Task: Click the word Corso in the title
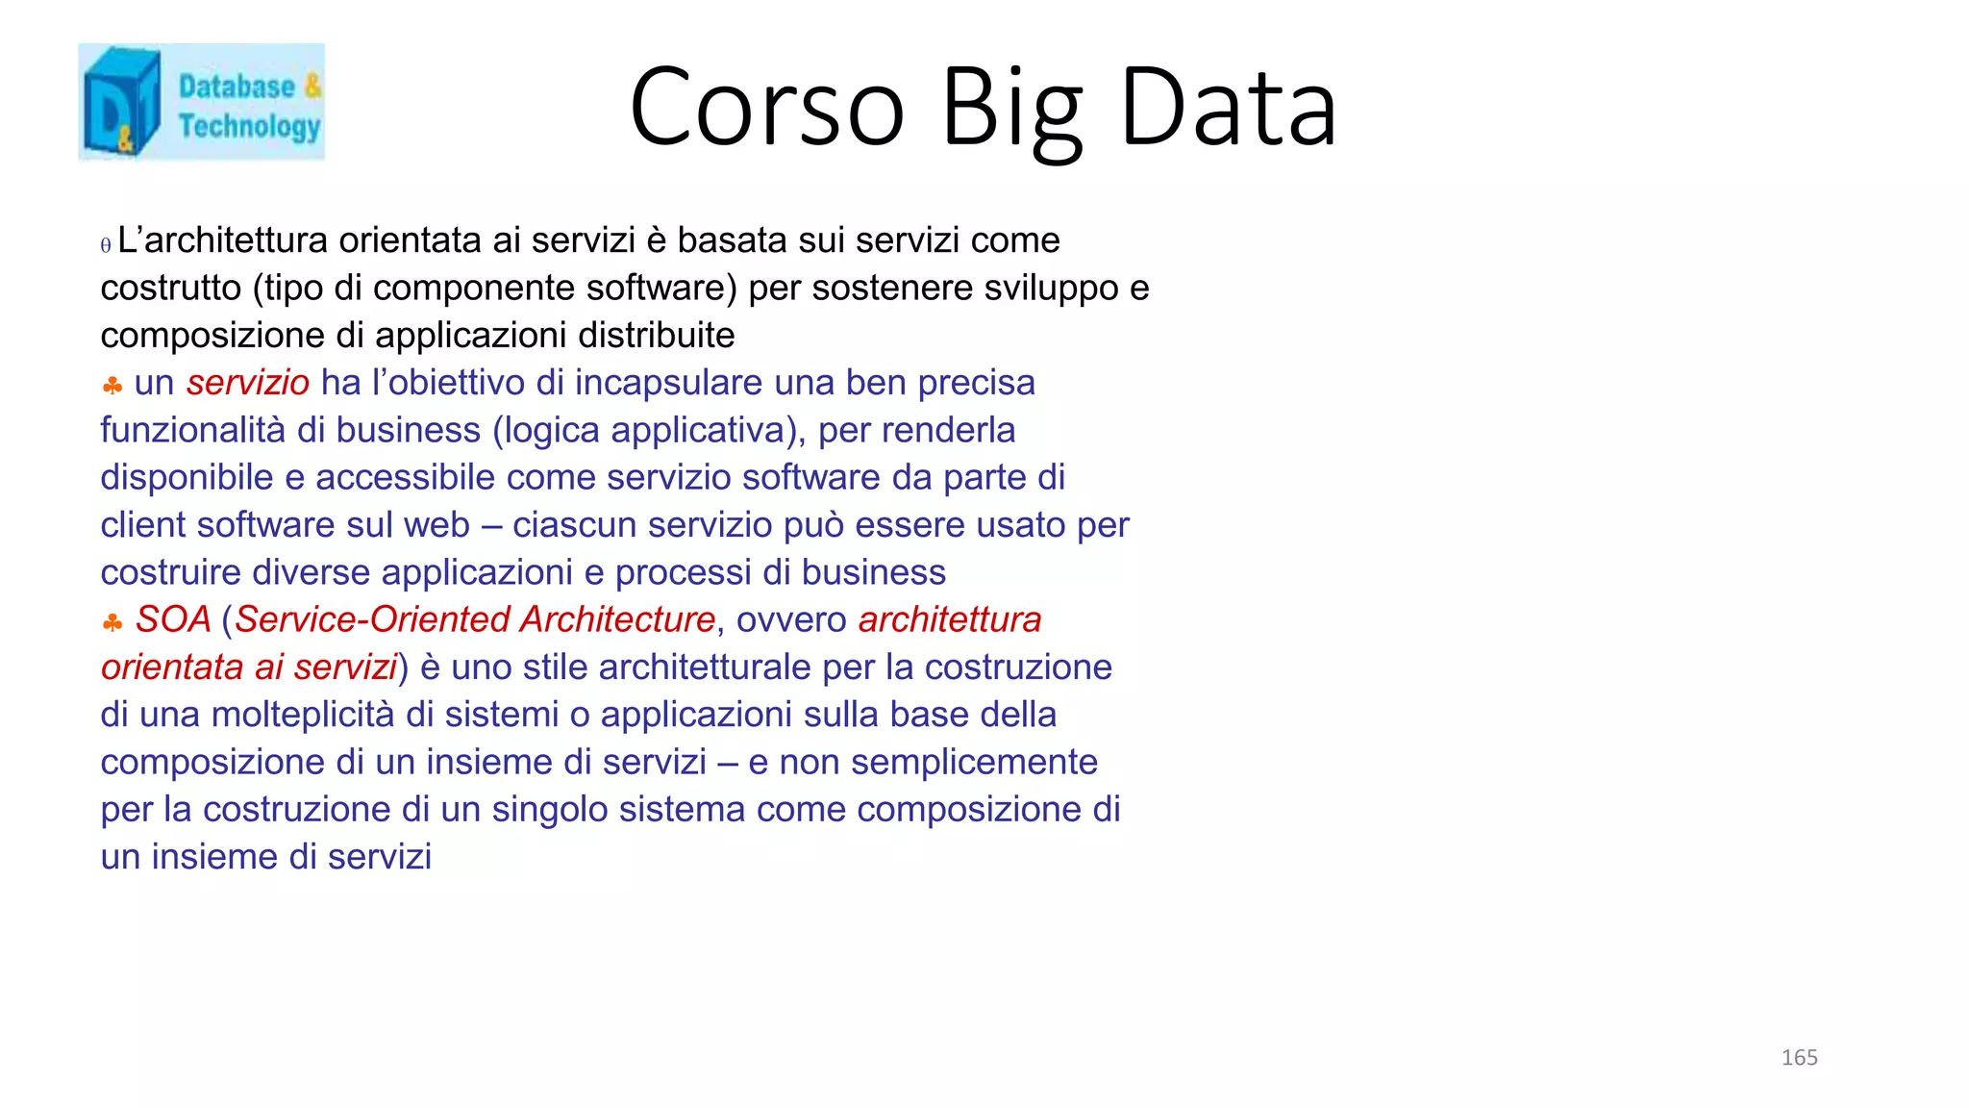766,108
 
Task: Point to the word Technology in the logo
249,127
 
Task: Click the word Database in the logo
237,87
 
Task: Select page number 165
1799,1058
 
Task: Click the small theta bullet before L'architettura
106,245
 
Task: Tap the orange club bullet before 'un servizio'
112,387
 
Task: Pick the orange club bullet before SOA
112,623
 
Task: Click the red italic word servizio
247,383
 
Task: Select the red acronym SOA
173,619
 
